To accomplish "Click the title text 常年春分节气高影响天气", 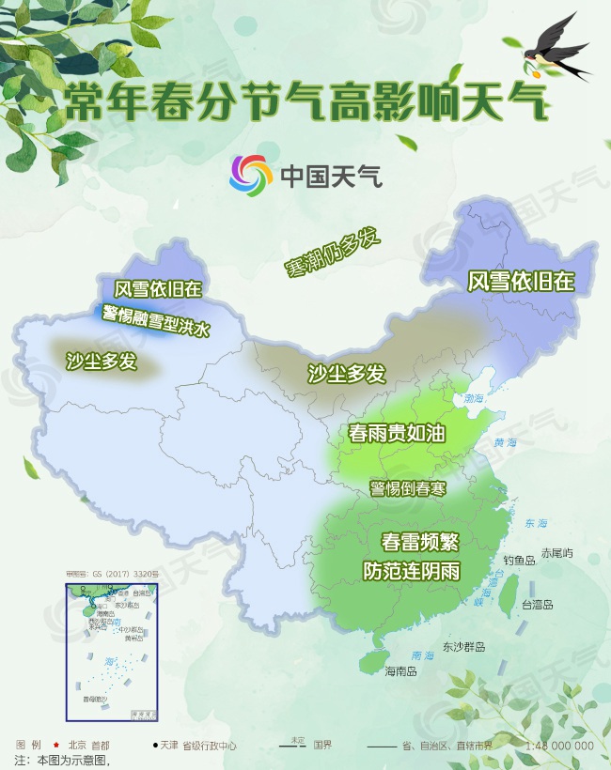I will coord(305,101).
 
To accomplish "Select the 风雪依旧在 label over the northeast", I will coord(521,281).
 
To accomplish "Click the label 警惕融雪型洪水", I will coord(157,319).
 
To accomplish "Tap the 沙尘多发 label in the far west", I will coord(102,362).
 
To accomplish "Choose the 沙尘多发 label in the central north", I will coord(347,374).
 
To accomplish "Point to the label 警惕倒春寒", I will coord(407,489).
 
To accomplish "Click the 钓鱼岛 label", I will coord(518,560).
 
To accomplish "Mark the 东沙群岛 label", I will coord(464,647).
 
